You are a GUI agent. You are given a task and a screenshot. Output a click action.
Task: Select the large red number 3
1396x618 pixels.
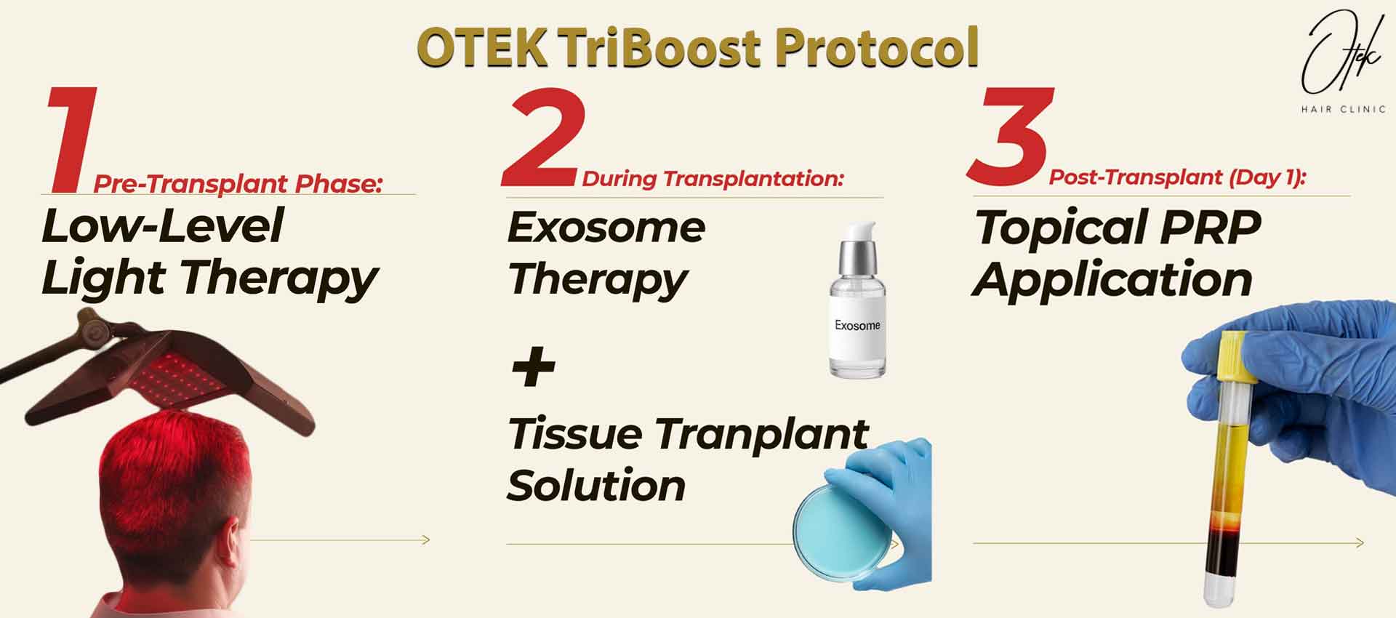[1011, 137]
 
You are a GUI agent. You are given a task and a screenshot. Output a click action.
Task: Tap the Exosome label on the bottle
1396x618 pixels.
[857, 326]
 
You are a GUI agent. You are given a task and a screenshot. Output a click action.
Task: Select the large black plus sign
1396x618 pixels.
[533, 367]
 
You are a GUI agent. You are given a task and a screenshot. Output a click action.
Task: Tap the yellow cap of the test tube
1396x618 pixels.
[1235, 356]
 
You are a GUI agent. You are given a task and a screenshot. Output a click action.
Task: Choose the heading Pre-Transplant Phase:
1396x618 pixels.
[238, 184]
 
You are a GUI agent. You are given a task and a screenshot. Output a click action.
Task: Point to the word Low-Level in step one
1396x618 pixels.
[162, 226]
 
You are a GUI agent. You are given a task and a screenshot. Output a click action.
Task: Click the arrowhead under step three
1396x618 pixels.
[1359, 542]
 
